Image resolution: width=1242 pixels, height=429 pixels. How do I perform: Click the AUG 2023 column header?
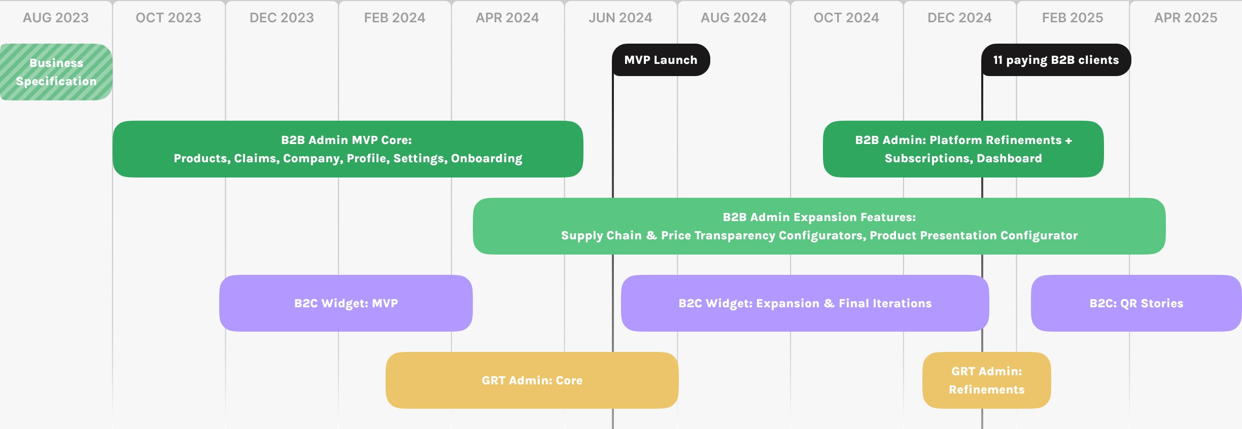pyautogui.click(x=56, y=18)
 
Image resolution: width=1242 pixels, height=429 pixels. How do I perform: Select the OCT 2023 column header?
pyautogui.click(x=168, y=18)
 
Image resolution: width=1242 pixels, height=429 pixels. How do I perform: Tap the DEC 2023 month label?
pyautogui.click(x=282, y=18)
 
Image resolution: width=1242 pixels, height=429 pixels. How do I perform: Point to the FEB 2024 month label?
pyautogui.click(x=395, y=18)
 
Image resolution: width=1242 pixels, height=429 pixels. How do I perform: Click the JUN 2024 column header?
pyautogui.click(x=620, y=18)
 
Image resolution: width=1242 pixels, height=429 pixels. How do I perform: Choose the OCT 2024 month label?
pyautogui.click(x=846, y=18)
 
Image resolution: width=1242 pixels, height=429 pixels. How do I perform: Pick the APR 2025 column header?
pyautogui.click(x=1186, y=18)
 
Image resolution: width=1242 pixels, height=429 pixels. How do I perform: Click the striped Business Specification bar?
pyautogui.click(x=56, y=72)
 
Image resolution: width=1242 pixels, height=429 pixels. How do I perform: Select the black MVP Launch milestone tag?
pyautogui.click(x=661, y=60)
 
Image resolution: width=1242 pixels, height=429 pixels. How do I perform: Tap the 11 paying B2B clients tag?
pyautogui.click(x=1056, y=60)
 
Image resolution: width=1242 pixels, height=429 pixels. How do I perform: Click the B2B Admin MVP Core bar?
pyautogui.click(x=348, y=149)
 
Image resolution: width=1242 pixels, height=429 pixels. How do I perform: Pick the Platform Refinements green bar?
pyautogui.click(x=963, y=149)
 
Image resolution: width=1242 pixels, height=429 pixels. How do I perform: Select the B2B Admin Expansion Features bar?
pyautogui.click(x=819, y=226)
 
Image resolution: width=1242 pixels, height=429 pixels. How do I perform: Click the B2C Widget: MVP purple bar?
pyautogui.click(x=346, y=303)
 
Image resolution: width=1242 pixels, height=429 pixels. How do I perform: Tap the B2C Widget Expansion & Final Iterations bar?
pyautogui.click(x=805, y=303)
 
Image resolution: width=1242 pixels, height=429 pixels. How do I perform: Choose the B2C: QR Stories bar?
pyautogui.click(x=1136, y=303)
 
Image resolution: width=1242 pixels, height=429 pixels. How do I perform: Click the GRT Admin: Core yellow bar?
pyautogui.click(x=532, y=380)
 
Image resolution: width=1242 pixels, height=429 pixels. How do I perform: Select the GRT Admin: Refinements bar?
pyautogui.click(x=986, y=380)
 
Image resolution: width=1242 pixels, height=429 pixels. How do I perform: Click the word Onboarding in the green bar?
pyautogui.click(x=487, y=159)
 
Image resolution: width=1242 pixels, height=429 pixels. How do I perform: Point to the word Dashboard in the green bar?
pyautogui.click(x=1009, y=159)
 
